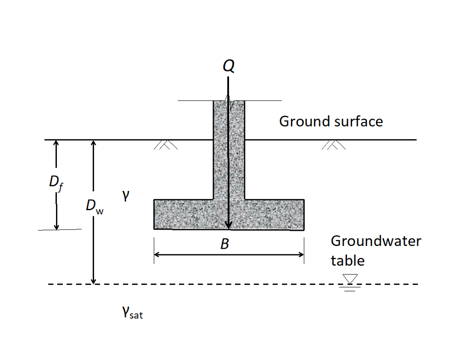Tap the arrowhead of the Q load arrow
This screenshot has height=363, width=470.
coord(229,224)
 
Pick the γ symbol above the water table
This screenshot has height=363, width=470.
coord(125,196)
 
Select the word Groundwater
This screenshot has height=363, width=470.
coord(375,241)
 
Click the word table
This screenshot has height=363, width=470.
coord(347,261)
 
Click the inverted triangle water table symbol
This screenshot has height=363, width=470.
coord(350,279)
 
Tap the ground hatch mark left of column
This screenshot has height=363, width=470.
coord(166,145)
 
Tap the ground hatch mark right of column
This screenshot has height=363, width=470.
coord(334,145)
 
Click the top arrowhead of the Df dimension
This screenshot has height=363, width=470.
coord(56,143)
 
